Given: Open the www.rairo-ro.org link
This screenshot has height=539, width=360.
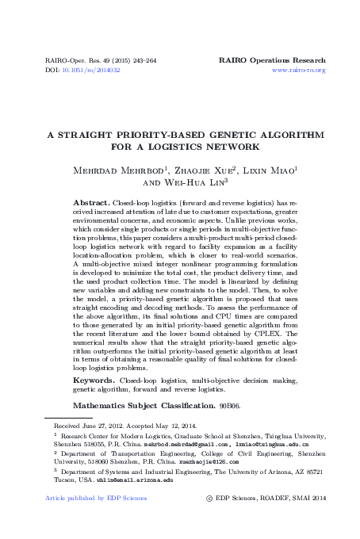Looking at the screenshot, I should tap(299, 71).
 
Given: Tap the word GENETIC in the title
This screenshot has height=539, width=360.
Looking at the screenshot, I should tap(219, 136).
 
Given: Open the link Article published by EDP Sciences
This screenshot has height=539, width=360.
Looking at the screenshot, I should tap(85, 499).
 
